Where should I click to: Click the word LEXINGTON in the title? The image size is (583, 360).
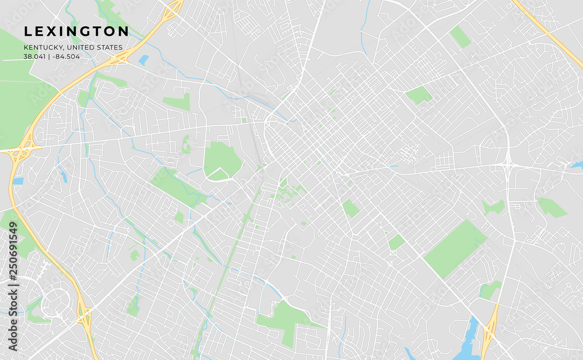pyautogui.click(x=76, y=31)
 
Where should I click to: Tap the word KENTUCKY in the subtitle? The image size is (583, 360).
pyautogui.click(x=43, y=47)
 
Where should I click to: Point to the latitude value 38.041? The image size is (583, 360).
pyautogui.click(x=35, y=57)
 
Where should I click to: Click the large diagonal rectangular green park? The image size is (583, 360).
pyautogui.click(x=455, y=248)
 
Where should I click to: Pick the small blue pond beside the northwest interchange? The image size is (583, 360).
pyautogui.click(x=143, y=60)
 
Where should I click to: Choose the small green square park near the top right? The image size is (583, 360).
pyautogui.click(x=461, y=36)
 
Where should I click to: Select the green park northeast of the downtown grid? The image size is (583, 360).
pyautogui.click(x=419, y=95)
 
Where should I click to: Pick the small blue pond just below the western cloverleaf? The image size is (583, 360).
pyautogui.click(x=17, y=181)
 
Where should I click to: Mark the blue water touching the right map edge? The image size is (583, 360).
pyautogui.click(x=577, y=165)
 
